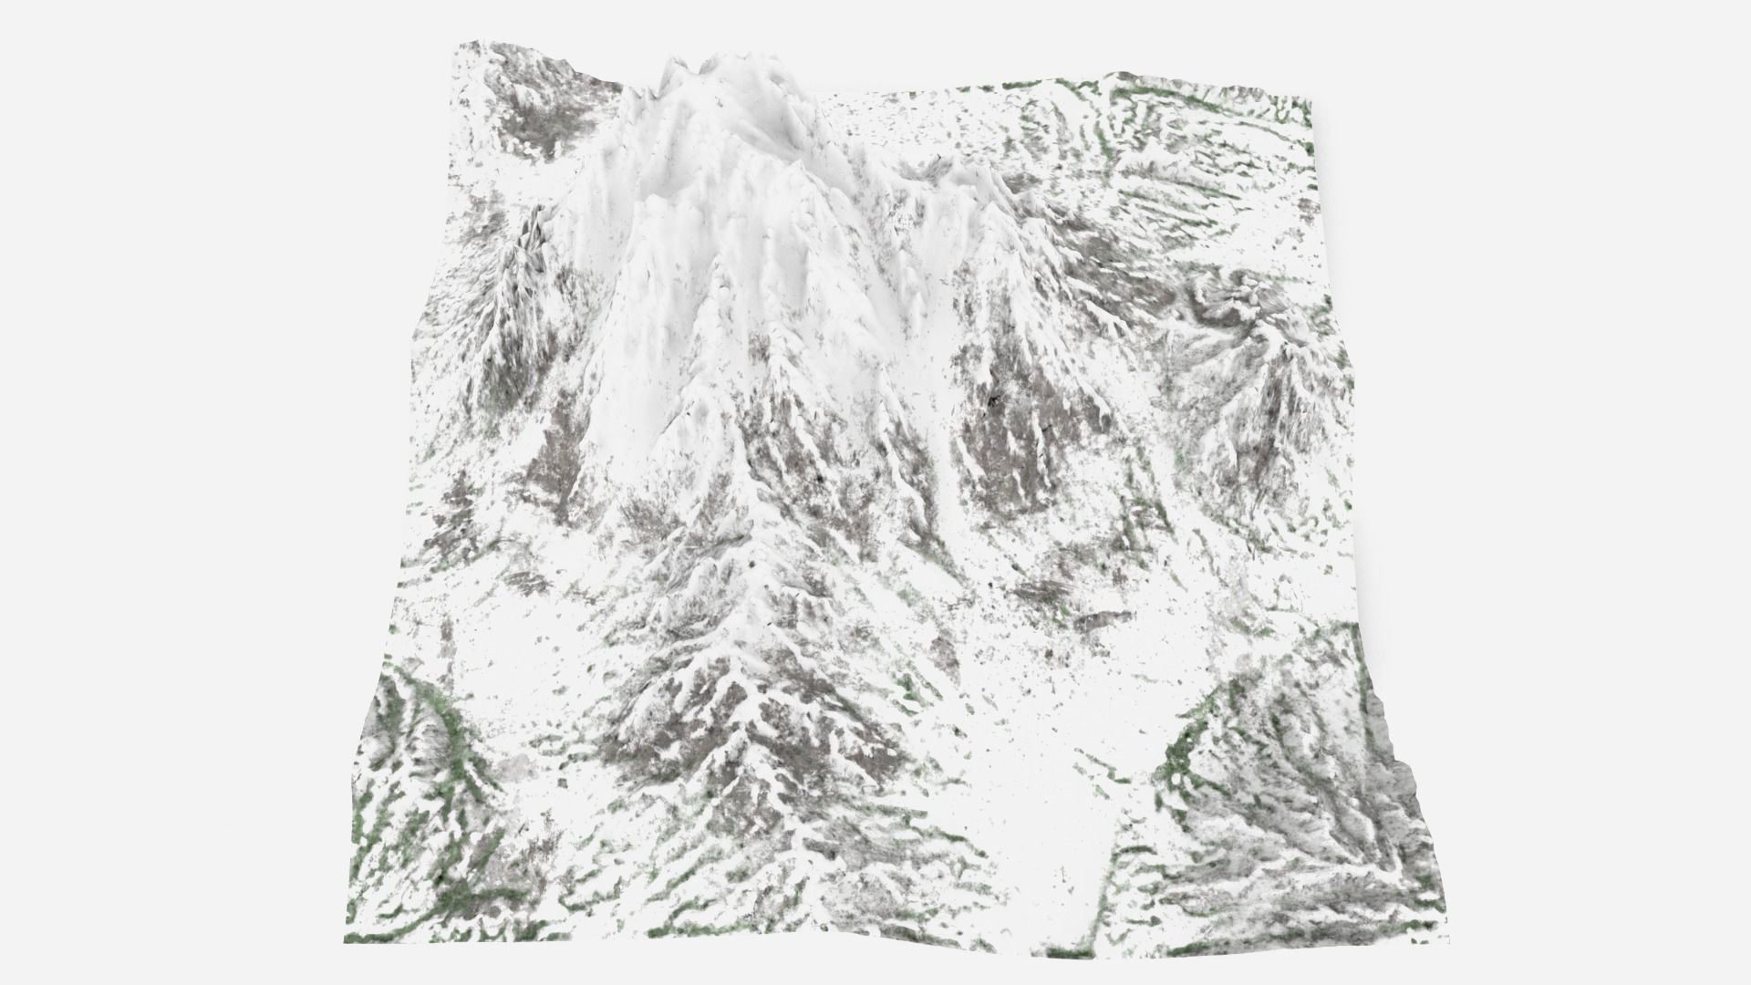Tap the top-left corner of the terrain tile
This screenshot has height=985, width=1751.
pos(458,43)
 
